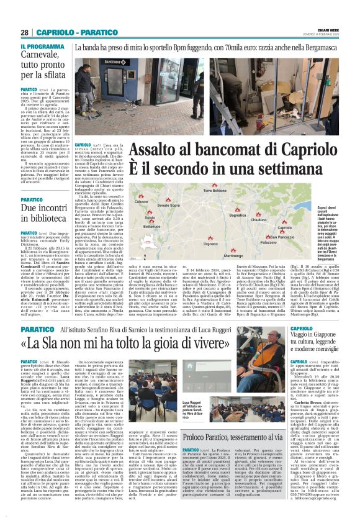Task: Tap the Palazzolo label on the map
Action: click(268, 242)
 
